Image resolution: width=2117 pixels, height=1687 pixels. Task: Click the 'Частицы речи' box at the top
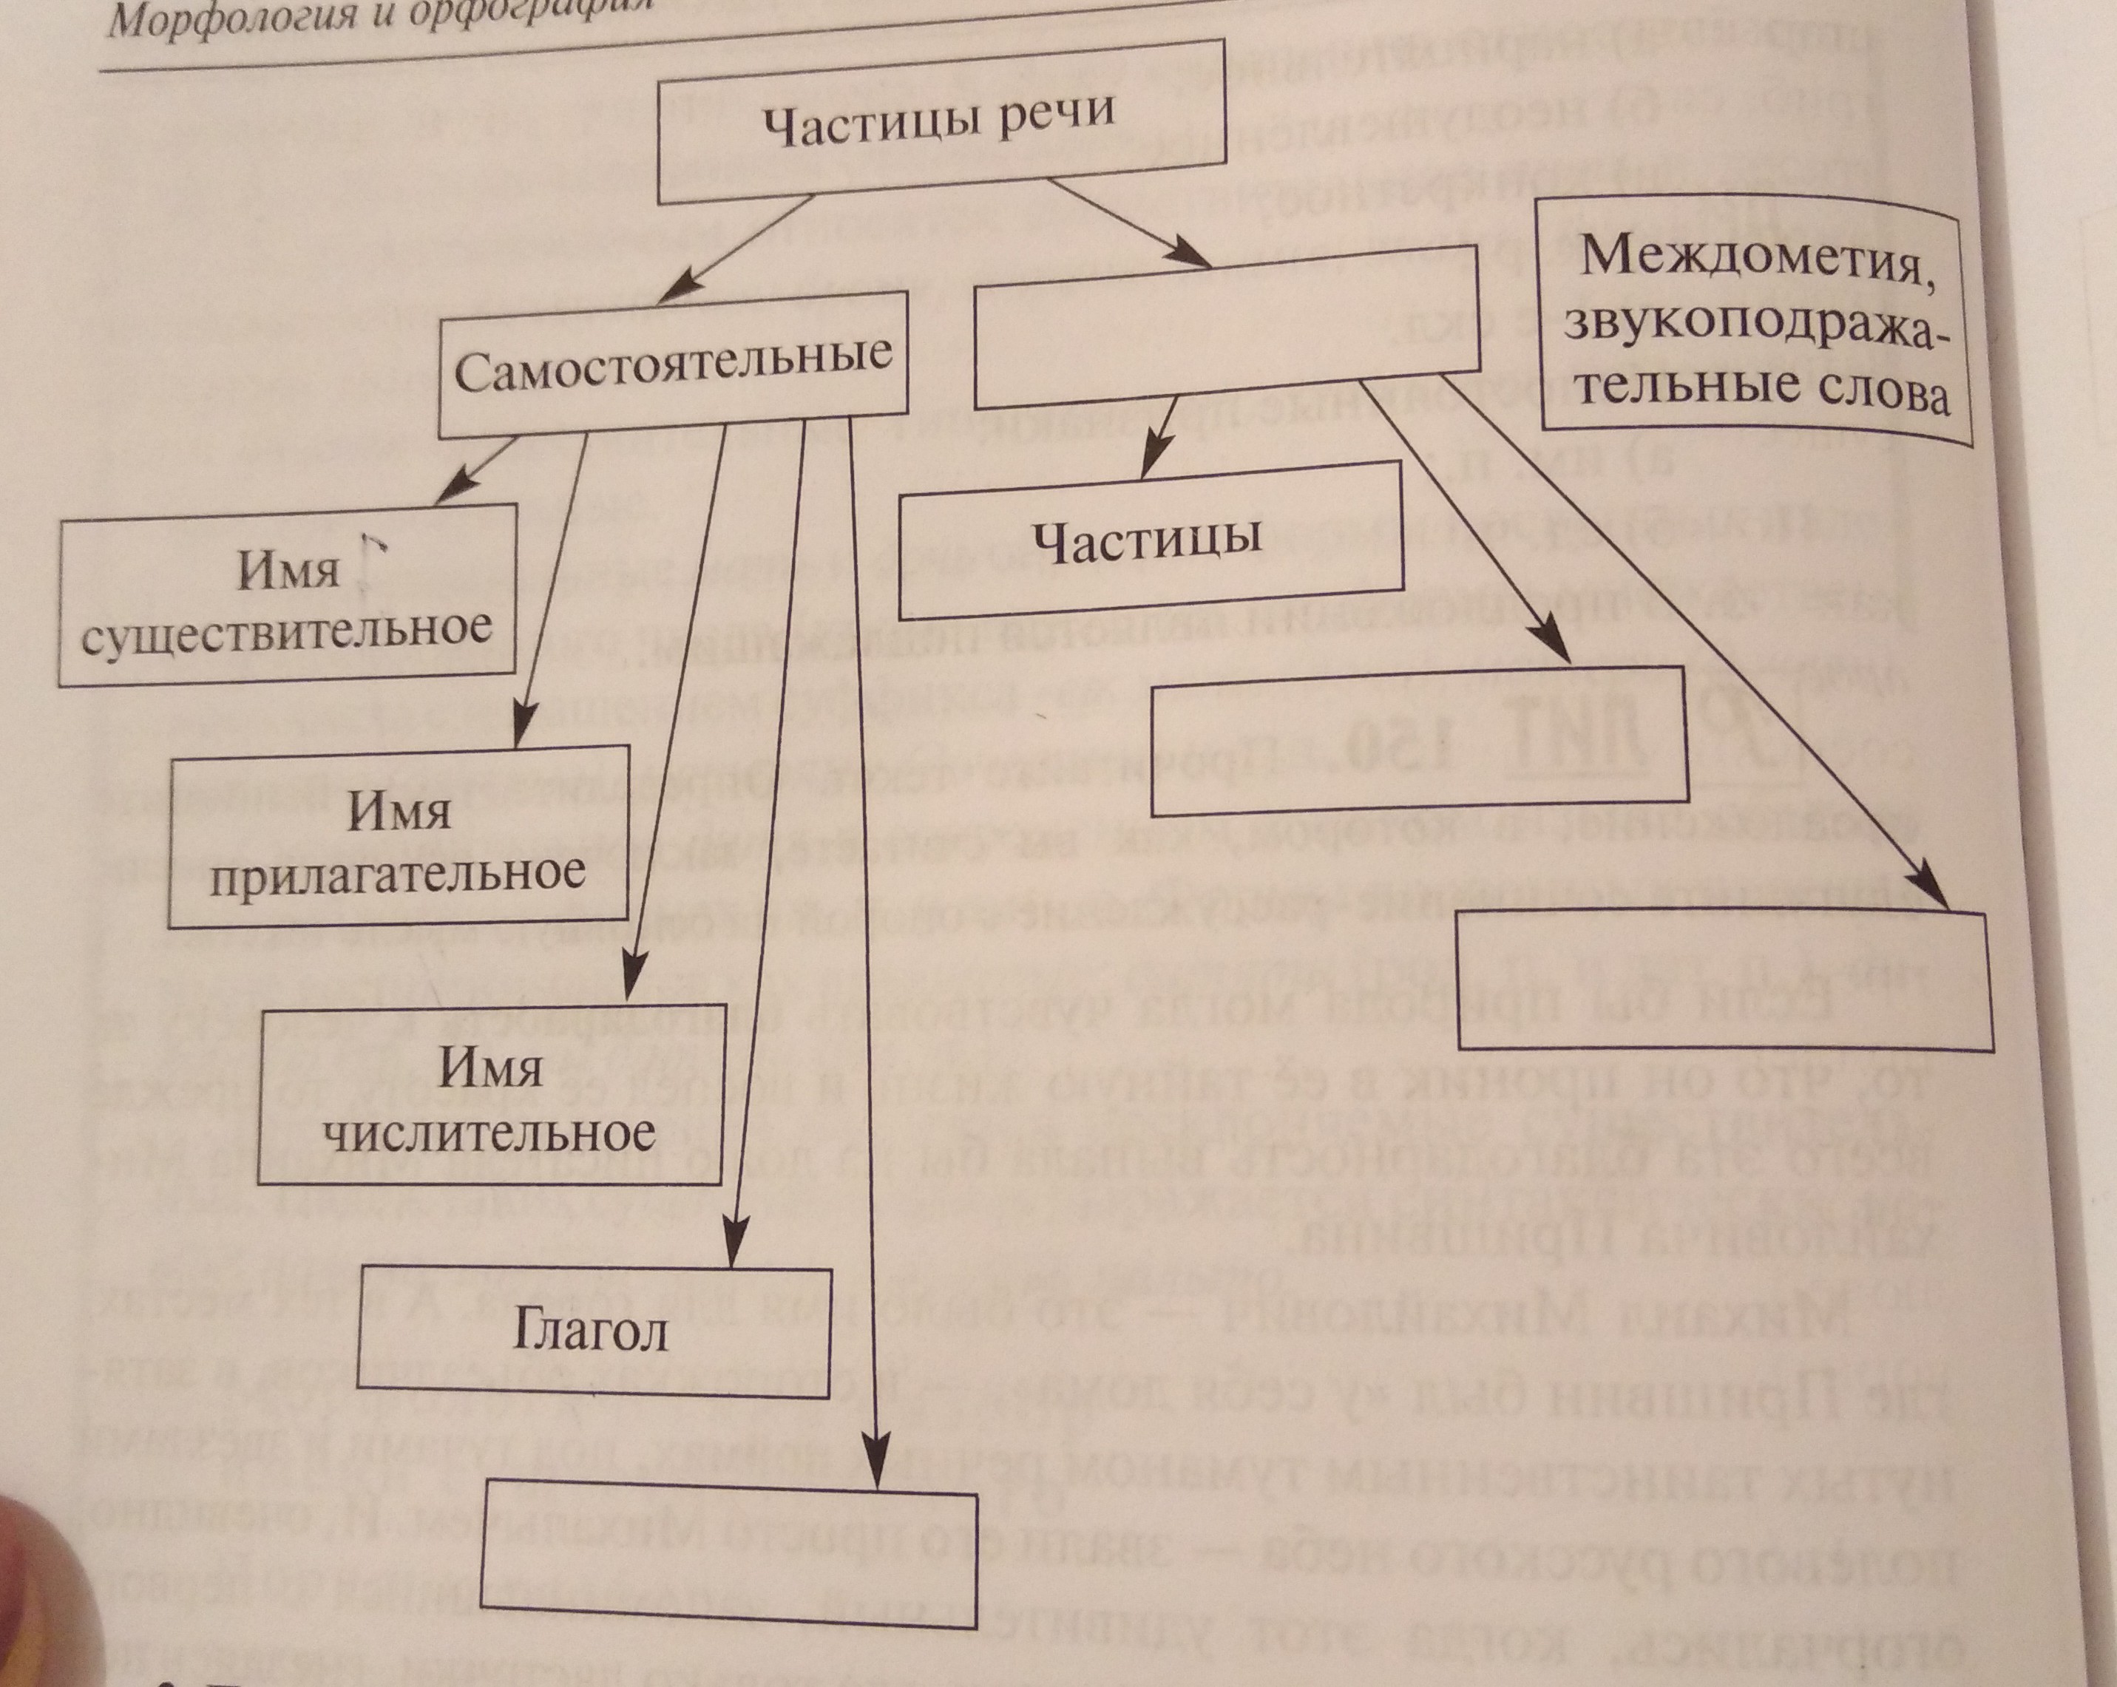point(941,123)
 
